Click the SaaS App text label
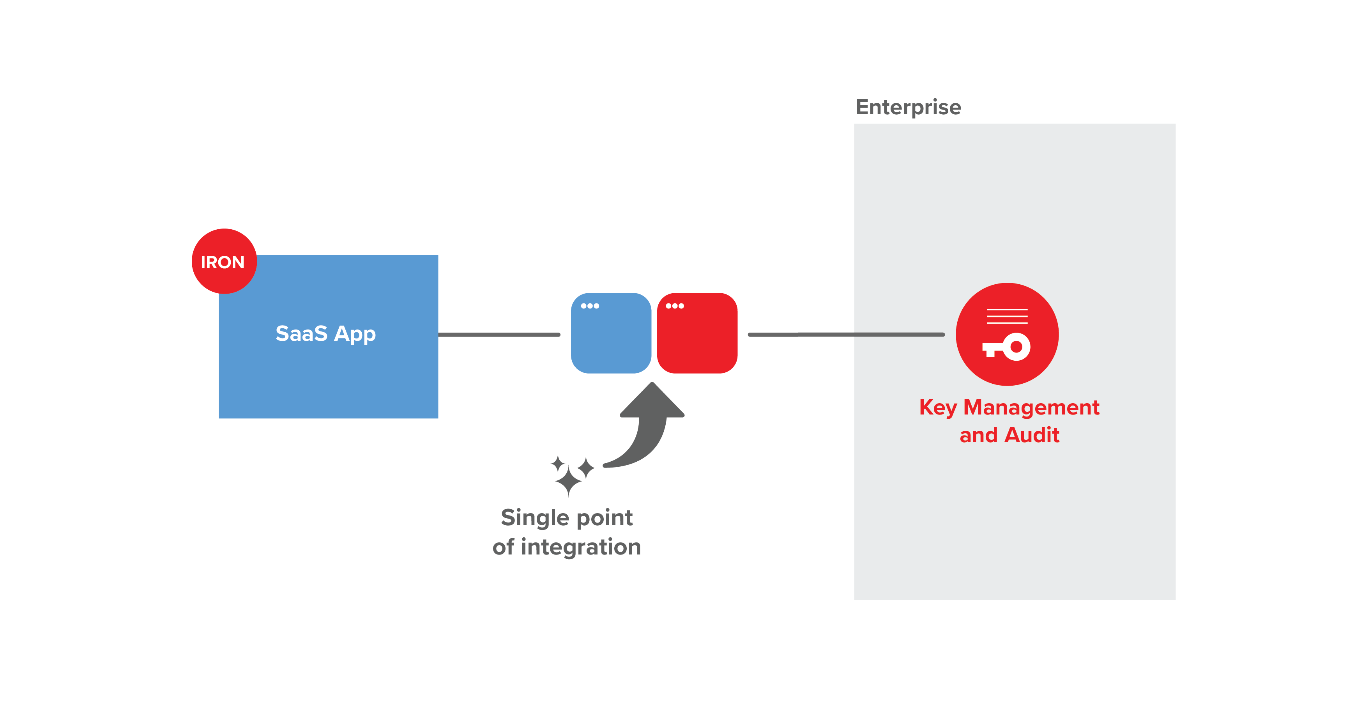pyautogui.click(x=325, y=333)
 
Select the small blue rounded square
pyautogui.click(x=611, y=339)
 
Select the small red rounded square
pyautogui.click(x=697, y=339)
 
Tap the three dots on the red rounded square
pyautogui.click(x=675, y=306)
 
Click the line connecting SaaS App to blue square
pyautogui.click(x=499, y=335)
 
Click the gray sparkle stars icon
pyautogui.click(x=570, y=474)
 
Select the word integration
pyautogui.click(x=581, y=547)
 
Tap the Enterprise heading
pyautogui.click(x=908, y=107)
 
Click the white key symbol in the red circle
pyautogui.click(x=1006, y=347)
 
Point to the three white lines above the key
pyautogui.click(x=1007, y=316)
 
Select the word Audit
pyautogui.click(x=1032, y=435)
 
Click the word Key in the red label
pyautogui.click(x=938, y=407)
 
